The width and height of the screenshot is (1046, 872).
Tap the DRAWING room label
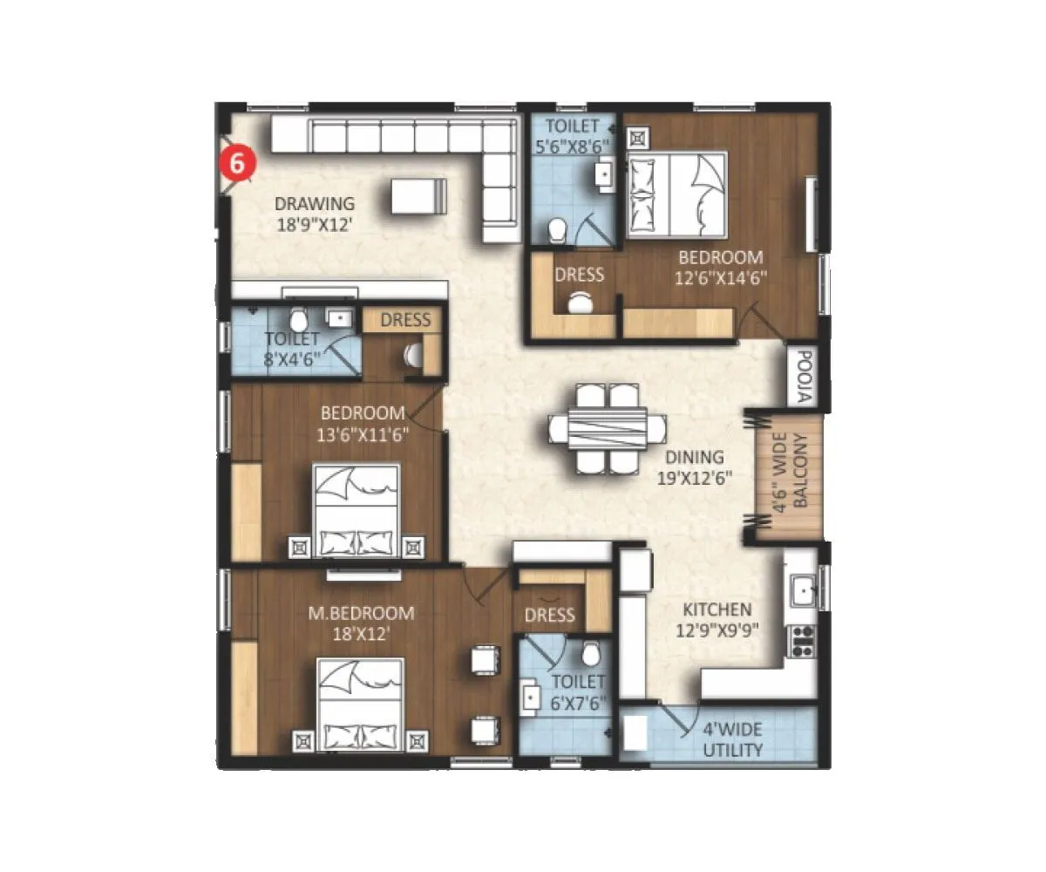[x=315, y=204]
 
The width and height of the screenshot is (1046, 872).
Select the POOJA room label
[x=804, y=377]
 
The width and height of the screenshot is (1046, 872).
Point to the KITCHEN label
[x=717, y=610]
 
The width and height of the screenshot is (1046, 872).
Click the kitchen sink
[x=802, y=591]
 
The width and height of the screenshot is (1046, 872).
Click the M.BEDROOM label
[x=361, y=613]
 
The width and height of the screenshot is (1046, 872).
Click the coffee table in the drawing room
[x=418, y=195]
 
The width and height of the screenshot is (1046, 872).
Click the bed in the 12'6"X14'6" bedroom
[x=678, y=195]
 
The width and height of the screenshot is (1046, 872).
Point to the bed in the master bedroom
[x=361, y=705]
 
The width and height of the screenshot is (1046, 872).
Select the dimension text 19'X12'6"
[x=695, y=477]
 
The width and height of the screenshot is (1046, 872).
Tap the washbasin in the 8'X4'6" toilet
[x=338, y=317]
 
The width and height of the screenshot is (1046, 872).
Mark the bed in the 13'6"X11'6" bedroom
[x=357, y=510]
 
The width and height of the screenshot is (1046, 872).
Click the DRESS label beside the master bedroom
[x=550, y=615]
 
